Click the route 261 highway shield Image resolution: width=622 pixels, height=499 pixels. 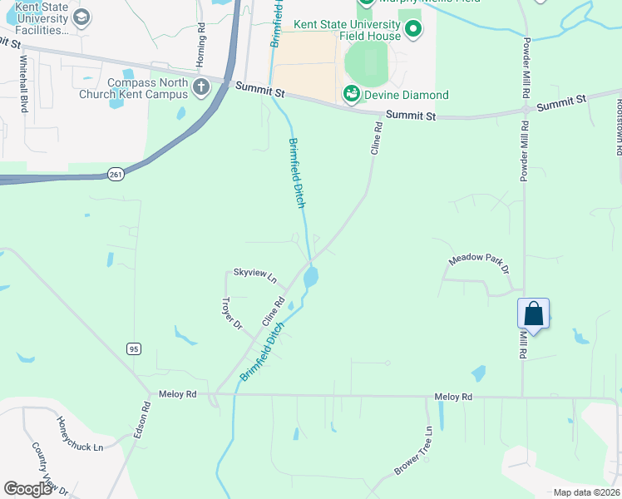tap(115, 174)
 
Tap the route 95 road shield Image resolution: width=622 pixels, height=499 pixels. tap(134, 348)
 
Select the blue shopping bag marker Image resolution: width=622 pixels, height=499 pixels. tap(533, 314)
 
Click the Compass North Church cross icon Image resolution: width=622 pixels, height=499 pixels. tap(200, 87)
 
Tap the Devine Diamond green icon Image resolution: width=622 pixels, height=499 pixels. tap(352, 95)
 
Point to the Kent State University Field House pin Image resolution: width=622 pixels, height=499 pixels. tap(414, 31)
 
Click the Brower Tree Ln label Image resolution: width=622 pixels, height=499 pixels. tap(413, 451)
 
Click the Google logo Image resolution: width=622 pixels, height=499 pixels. tap(27, 488)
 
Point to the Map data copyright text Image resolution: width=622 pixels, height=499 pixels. tap(586, 492)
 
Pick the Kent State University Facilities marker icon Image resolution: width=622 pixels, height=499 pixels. tap(81, 15)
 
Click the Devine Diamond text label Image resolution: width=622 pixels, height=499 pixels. tap(407, 95)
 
